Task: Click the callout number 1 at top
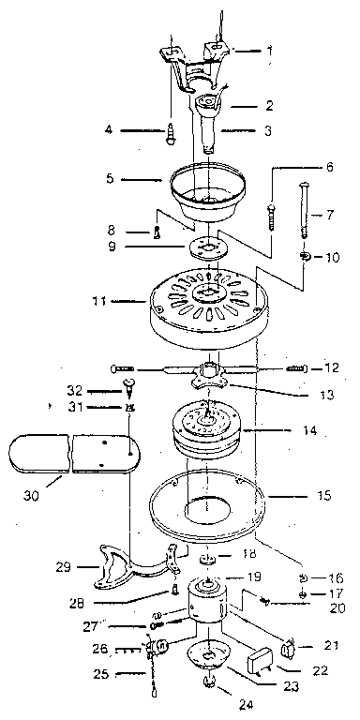(270, 50)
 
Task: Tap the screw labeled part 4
(170, 135)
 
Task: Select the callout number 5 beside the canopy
(110, 178)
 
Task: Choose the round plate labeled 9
(208, 247)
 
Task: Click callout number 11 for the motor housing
(98, 302)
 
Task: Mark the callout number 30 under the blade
(30, 496)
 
